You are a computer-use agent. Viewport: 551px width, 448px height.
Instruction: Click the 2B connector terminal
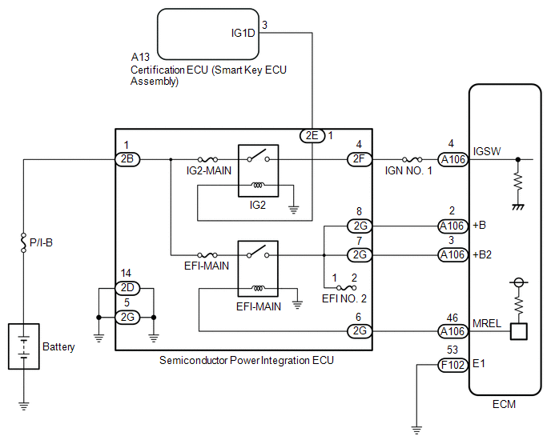coord(127,159)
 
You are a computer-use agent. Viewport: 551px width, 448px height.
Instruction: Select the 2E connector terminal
coord(312,135)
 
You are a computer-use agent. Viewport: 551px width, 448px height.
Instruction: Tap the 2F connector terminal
coord(359,159)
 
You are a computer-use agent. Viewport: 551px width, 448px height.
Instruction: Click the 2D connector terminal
coord(127,288)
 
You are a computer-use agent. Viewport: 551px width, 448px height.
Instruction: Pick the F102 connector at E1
coord(453,365)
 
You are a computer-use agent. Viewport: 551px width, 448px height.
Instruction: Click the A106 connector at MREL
coord(453,331)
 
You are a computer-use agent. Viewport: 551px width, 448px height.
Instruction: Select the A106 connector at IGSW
coord(453,159)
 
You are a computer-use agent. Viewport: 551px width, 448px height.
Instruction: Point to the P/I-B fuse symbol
coord(23,242)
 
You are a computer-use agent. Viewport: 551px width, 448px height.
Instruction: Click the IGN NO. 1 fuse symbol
coord(412,159)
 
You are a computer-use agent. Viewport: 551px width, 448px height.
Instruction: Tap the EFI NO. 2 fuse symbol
coord(347,288)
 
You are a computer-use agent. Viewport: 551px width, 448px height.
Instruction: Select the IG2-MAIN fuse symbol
coord(207,159)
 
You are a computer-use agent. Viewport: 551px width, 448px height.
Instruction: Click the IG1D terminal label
coord(243,33)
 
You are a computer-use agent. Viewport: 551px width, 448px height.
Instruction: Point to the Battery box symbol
coord(24,346)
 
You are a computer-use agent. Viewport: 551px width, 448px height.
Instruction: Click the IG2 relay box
coord(258,170)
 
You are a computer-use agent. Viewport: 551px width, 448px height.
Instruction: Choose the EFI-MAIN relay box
coord(258,269)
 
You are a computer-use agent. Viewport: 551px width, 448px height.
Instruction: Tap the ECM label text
coord(504,404)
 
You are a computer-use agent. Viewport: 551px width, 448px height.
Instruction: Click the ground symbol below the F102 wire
coord(416,430)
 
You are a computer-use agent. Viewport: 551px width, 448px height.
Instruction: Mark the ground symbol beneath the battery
coord(23,406)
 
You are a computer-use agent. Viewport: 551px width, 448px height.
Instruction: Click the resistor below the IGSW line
coord(518,181)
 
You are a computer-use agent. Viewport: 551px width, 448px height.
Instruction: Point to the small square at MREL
coord(519,331)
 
